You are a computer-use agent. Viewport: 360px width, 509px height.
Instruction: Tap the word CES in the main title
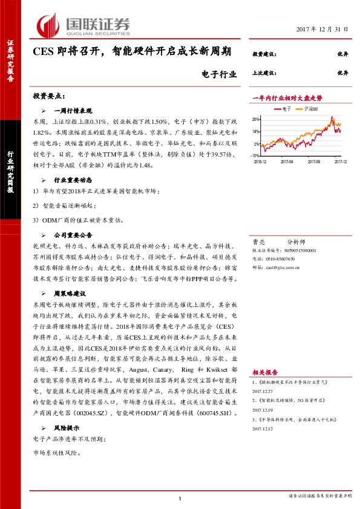pyautogui.click(x=44, y=53)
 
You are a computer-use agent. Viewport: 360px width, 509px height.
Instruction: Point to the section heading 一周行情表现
pyautogui.click(x=73, y=111)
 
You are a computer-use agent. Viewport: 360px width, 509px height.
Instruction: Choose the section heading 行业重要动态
pyautogui.click(x=73, y=180)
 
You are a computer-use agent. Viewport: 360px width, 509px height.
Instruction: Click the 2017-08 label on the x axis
pyautogui.click(x=313, y=161)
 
